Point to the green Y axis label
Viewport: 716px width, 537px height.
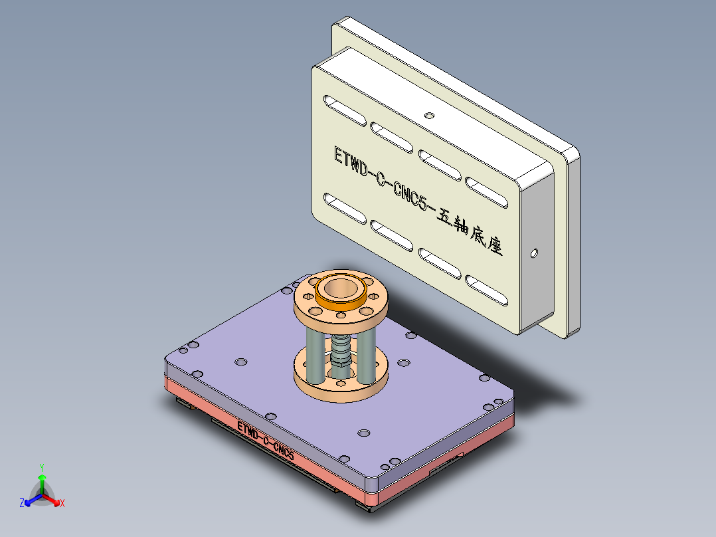41,467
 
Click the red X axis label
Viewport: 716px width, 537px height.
62,504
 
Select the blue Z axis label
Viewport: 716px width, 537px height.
22,504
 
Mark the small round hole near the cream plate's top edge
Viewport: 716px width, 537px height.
429,115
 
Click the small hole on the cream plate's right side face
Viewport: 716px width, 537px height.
534,253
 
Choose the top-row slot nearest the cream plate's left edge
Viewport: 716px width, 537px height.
344,110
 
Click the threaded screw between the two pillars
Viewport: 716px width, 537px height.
340,346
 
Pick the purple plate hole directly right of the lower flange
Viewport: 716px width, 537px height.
403,364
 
